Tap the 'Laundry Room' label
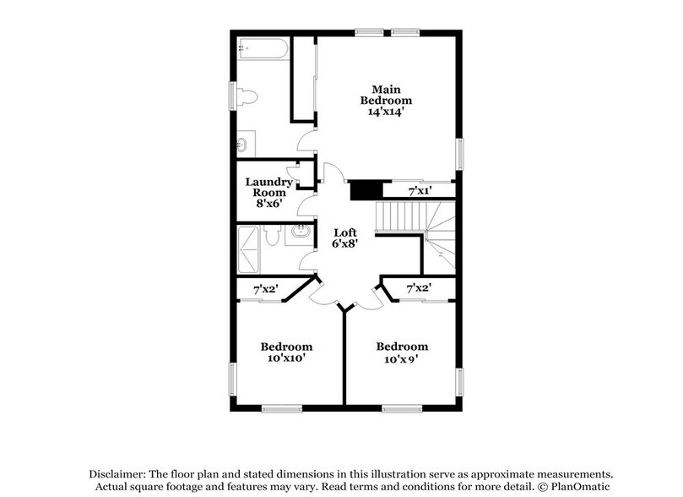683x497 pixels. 268,187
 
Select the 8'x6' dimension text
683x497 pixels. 268,203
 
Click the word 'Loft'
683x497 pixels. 344,232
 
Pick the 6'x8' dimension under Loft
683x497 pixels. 344,244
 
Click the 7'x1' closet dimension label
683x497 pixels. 420,193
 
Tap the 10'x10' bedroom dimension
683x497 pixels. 285,358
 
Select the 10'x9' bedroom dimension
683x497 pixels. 402,358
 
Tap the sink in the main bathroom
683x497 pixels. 242,144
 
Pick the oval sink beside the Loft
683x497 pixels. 297,232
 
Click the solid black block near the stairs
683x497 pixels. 363,189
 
